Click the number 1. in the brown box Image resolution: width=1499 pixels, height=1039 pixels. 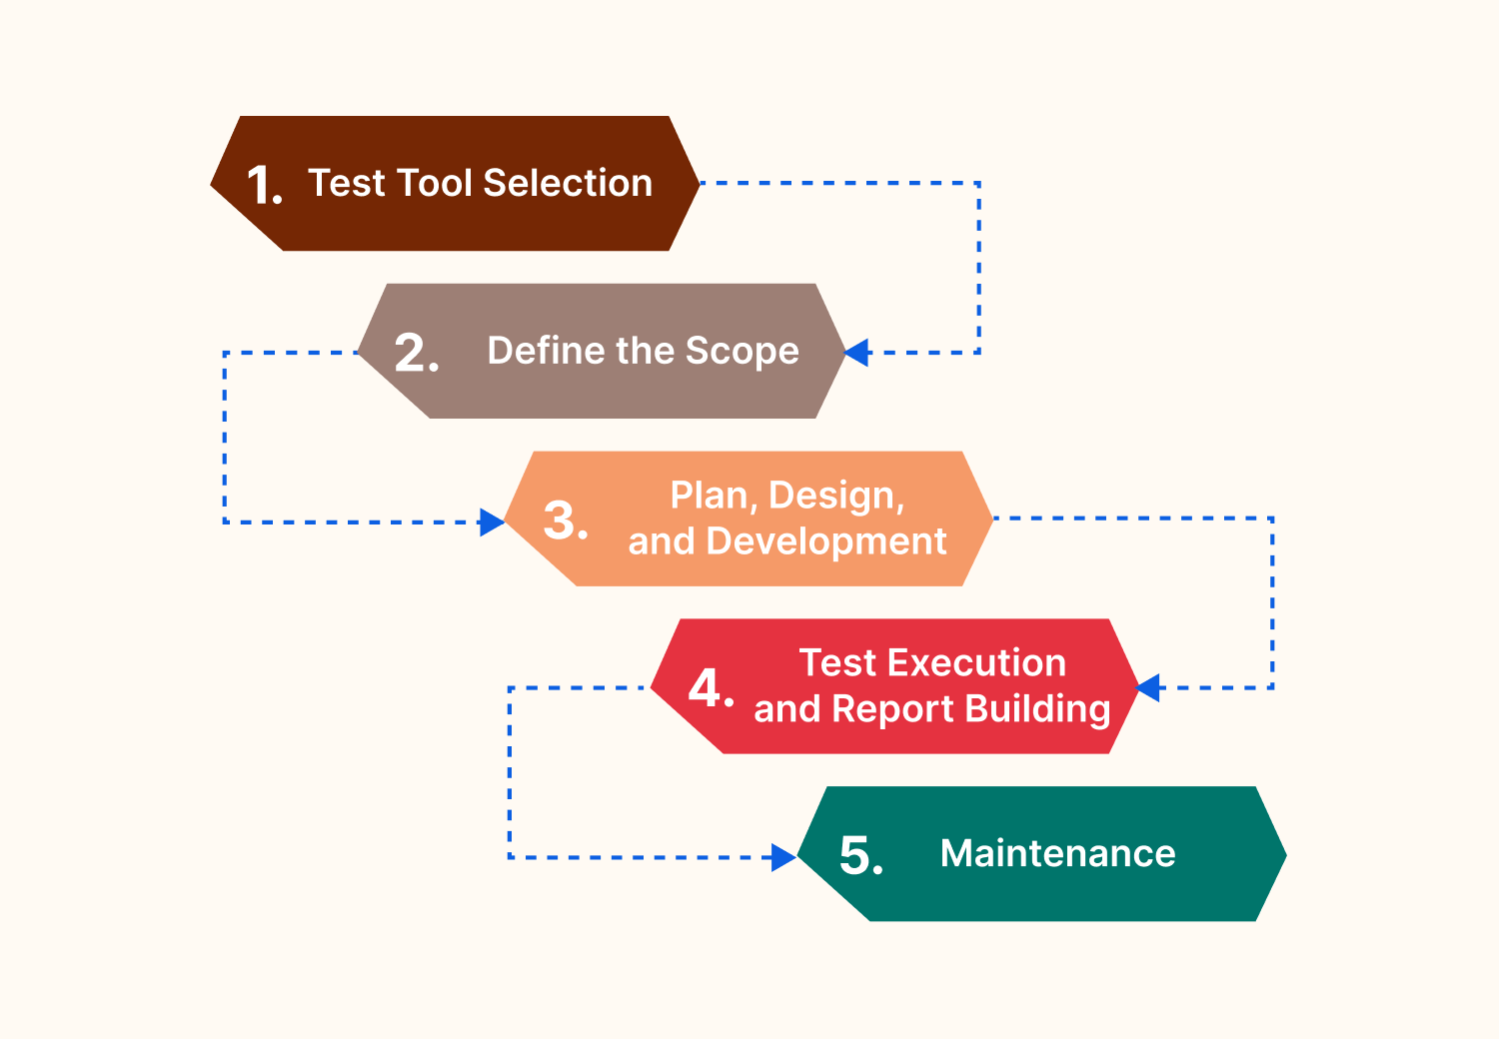[265, 186]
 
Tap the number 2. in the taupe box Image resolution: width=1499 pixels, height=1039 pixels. [416, 354]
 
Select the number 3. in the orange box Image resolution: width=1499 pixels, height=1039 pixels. [565, 521]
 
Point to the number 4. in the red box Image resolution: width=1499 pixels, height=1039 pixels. [712, 689]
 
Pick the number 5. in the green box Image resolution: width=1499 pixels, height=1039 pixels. [860, 856]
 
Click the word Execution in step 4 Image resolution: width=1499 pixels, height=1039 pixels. [976, 663]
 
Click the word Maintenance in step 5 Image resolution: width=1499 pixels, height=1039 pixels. [1057, 854]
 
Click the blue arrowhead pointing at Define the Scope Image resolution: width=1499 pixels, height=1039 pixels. [857, 353]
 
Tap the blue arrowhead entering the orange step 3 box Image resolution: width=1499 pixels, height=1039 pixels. [492, 522]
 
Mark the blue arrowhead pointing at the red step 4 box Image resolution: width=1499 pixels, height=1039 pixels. [1148, 688]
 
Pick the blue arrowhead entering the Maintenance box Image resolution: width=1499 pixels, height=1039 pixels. [783, 857]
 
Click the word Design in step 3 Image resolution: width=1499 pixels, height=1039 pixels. [836, 497]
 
